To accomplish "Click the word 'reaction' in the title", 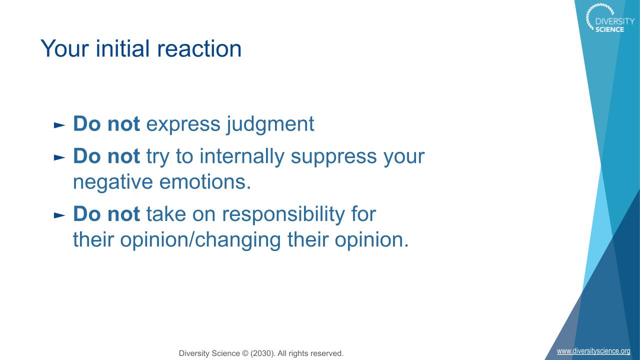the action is (199, 48).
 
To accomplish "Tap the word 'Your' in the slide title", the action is (64, 48).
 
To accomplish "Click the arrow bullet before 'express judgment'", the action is (59, 125).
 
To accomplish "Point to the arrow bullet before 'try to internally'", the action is (59, 157).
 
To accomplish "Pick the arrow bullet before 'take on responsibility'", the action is (59, 215).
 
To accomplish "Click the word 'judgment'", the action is (270, 125).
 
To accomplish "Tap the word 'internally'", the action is (241, 157).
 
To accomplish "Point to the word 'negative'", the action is (113, 182).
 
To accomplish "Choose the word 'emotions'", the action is (203, 182).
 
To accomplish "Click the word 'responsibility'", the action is (283, 215).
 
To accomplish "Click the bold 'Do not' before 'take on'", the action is (106, 214).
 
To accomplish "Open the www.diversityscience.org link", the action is (593, 351).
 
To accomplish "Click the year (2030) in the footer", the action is (262, 353).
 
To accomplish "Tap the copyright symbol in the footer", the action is (245, 353).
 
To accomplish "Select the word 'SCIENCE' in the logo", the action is (609, 29).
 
